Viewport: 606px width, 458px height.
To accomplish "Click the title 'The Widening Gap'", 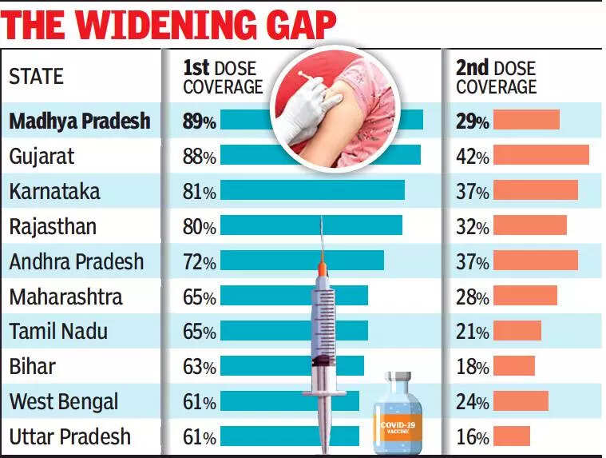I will click(169, 24).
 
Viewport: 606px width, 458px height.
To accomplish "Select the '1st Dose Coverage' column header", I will click(223, 77).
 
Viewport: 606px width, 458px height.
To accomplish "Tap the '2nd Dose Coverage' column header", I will click(496, 77).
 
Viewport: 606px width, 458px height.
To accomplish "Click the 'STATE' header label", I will click(36, 78).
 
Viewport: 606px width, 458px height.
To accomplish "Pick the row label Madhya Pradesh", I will click(80, 121).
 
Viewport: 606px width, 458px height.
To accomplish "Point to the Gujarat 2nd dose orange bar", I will click(541, 155).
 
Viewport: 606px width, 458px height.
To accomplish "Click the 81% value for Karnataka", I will click(200, 191).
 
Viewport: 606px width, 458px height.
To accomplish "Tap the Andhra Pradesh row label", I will click(77, 261).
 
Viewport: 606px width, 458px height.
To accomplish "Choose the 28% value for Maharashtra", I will click(472, 297).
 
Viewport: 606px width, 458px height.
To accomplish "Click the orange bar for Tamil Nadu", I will click(517, 331).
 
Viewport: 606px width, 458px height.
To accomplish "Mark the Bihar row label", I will click(33, 367).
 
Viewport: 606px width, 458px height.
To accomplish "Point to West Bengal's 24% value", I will click(472, 402).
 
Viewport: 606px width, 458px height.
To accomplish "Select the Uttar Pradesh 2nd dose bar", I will click(511, 436).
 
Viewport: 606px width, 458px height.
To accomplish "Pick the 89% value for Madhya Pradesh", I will click(200, 121).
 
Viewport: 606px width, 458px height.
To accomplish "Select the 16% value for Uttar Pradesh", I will click(472, 437).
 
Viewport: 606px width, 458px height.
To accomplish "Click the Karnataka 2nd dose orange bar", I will click(535, 190).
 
